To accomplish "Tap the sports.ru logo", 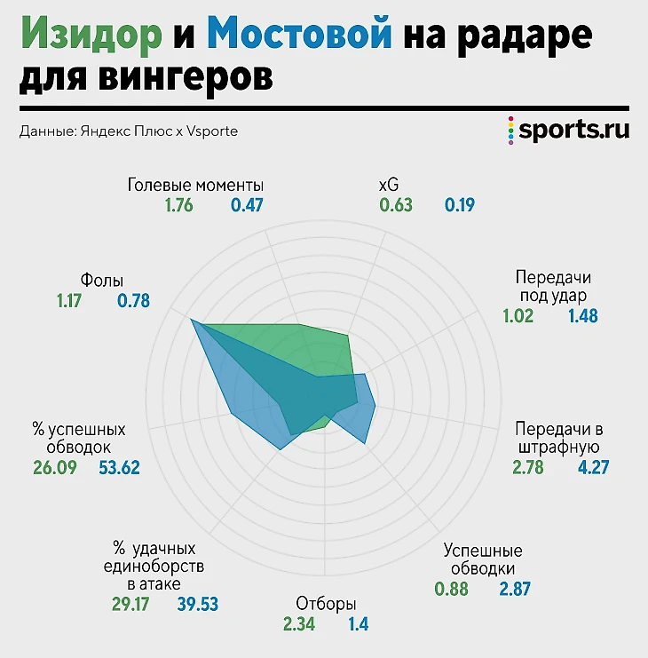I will [x=567, y=131].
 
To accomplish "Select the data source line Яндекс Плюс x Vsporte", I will [x=128, y=131].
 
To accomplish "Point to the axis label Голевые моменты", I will [x=195, y=186].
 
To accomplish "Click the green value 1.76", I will [x=178, y=206].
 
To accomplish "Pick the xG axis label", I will [x=389, y=186].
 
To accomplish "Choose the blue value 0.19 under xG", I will [x=460, y=206].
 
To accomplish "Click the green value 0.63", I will [x=396, y=206].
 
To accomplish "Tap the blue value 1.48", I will [x=582, y=316].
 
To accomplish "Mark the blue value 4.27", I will [x=593, y=467].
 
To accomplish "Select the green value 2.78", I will [x=528, y=467].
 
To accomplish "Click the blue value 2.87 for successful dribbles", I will [x=515, y=590].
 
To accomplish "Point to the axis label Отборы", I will [x=325, y=604].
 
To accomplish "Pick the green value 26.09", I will [x=55, y=467].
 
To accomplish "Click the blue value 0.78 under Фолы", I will [x=133, y=301].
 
